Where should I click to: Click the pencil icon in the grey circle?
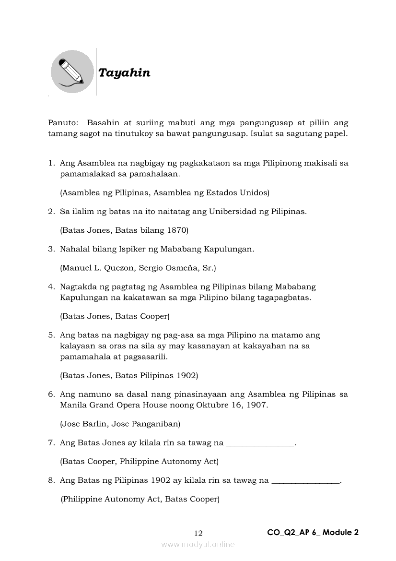72,72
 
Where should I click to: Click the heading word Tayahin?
124,73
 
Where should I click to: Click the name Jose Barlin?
80,424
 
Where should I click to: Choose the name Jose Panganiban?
144,424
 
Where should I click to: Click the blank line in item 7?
259,443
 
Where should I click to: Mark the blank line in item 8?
305,480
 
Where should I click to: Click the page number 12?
198,533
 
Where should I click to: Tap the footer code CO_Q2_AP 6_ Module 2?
313,532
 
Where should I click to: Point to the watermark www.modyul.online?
198,544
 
